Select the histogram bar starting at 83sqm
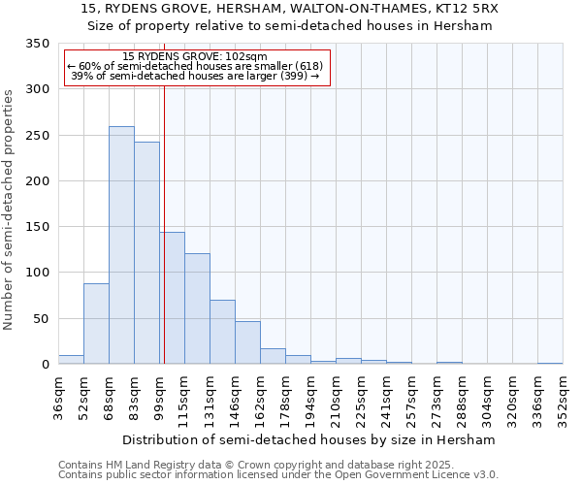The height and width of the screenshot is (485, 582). coord(146,253)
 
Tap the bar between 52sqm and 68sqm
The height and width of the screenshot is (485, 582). coord(96,324)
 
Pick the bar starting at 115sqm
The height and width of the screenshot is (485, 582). coord(197,308)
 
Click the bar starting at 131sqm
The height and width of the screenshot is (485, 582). coord(222,332)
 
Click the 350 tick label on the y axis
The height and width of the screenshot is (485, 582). coord(37,44)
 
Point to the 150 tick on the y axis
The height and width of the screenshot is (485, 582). coord(37,227)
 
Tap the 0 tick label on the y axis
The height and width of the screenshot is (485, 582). coord(45,365)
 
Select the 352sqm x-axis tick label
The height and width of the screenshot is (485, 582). coord(564,396)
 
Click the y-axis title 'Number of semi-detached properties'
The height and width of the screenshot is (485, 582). coord(9,209)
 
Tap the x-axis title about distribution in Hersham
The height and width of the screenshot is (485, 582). coord(310,439)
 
